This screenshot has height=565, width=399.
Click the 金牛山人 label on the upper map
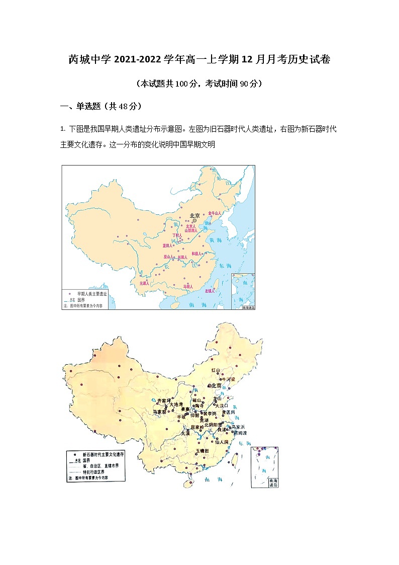215,213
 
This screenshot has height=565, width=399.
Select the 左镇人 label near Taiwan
210,291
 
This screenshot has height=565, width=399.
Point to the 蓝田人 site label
167,246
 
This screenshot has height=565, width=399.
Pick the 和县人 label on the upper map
196,254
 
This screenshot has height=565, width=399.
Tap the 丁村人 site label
177,235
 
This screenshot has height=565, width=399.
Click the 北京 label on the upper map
194,216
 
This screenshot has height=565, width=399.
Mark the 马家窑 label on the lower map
160,412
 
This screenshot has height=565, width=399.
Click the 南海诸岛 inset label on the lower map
273,482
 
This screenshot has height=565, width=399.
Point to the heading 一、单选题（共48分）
101,106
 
